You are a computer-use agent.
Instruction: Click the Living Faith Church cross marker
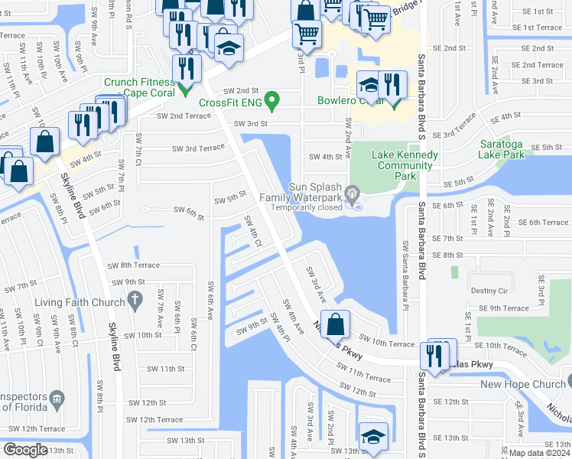point(135,301)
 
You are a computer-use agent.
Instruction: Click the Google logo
point(25,450)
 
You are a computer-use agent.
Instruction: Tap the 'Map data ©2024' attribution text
point(533,453)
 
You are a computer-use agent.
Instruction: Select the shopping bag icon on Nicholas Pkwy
point(336,324)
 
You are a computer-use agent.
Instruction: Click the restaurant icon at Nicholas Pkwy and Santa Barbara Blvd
point(434,355)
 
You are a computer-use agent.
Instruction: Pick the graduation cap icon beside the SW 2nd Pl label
point(372,437)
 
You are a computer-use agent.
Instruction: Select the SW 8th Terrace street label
point(134,265)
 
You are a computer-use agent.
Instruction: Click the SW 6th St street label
point(189,209)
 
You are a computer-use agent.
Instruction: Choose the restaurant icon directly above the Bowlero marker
point(392,84)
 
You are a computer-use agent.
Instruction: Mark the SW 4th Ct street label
point(253,232)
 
